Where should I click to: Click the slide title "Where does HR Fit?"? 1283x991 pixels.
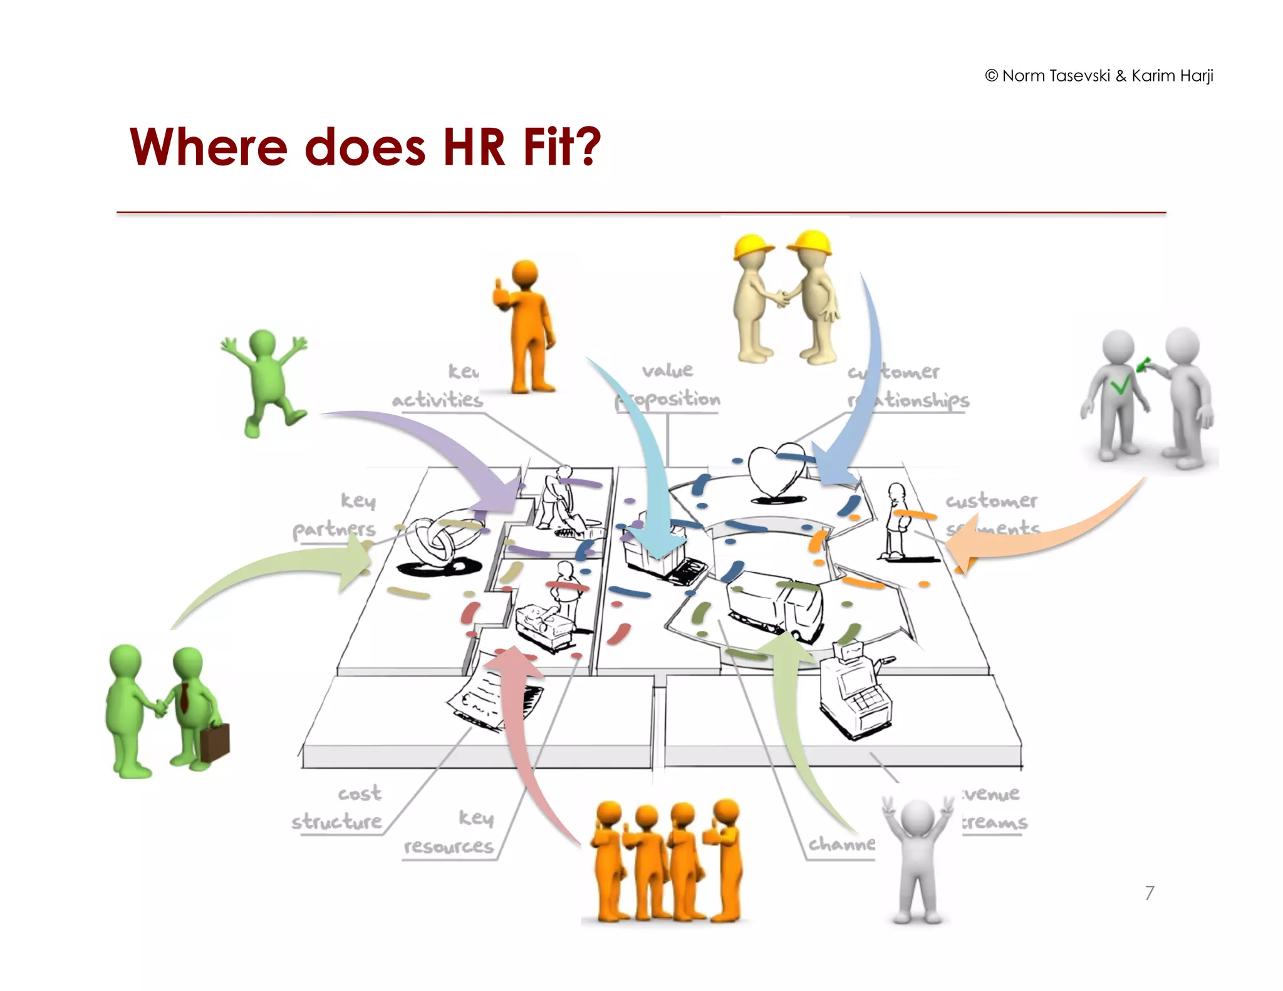pyautogui.click(x=365, y=147)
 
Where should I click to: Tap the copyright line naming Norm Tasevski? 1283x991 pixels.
pyautogui.click(x=1099, y=76)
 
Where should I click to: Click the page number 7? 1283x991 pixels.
pyautogui.click(x=1149, y=893)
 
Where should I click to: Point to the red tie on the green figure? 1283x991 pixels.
pyautogui.click(x=185, y=698)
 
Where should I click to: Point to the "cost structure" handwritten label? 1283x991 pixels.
pyautogui.click(x=338, y=807)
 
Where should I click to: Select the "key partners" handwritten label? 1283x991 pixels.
pyautogui.click(x=335, y=515)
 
